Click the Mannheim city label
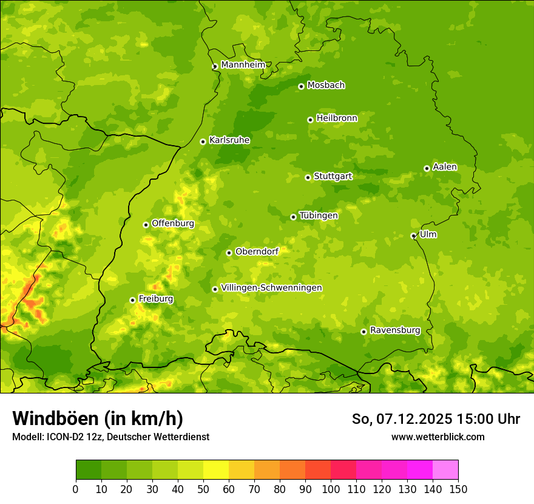[x=243, y=65]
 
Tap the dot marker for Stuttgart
[x=308, y=177]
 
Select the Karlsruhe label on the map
[x=229, y=140]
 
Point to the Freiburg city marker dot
[x=132, y=300]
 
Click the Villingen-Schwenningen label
[x=271, y=288]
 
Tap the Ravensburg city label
[x=395, y=330]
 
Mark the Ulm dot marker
[x=413, y=236]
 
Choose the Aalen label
[x=445, y=167]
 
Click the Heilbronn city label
[x=337, y=118]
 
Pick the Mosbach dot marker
[x=301, y=87]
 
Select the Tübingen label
[x=319, y=216]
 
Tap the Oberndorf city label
[x=257, y=251]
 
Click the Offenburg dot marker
[x=146, y=225]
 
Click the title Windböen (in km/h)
[x=98, y=418]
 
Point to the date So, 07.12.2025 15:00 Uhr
[x=436, y=419]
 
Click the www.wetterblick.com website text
[x=438, y=437]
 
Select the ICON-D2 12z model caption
[x=110, y=437]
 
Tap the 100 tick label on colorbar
[x=331, y=489]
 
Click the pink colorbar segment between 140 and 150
[x=445, y=470]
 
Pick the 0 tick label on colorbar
[x=76, y=489]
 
